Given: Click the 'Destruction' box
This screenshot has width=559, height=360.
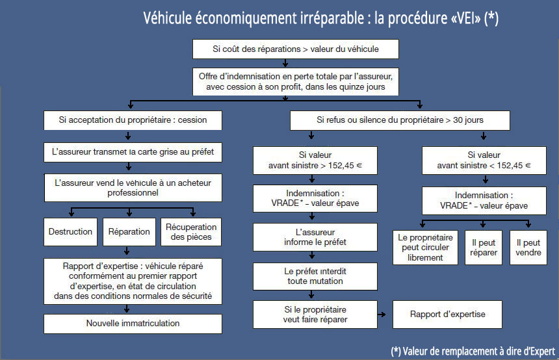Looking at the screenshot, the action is tap(71, 232).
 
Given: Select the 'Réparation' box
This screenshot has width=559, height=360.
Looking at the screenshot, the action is tap(129, 232).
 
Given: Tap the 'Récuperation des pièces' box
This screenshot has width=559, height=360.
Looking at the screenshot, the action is tap(191, 232).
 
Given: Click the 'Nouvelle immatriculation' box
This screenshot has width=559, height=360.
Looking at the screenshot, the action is tap(133, 324).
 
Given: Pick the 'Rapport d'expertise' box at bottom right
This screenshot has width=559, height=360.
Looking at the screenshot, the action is tap(447, 315).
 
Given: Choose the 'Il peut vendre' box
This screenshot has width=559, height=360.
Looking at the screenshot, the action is tap(528, 248).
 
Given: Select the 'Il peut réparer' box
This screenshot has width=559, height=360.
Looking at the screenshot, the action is tap(484, 248).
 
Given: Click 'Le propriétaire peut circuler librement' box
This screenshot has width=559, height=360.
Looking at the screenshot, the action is tap(425, 248).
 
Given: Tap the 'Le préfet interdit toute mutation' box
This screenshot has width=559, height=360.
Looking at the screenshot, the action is tap(315, 276).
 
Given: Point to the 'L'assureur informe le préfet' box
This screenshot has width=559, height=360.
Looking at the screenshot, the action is tap(315, 237).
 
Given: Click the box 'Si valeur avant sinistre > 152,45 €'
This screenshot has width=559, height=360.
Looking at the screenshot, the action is tap(315, 161).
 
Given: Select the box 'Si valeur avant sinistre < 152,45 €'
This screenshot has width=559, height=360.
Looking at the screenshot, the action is tap(484, 161).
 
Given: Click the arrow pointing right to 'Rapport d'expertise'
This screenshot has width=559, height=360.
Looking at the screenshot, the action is tap(382, 315).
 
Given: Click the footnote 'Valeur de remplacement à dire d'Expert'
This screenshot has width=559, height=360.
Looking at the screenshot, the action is tap(479, 352).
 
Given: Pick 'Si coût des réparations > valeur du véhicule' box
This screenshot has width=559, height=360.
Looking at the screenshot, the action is tap(296, 49).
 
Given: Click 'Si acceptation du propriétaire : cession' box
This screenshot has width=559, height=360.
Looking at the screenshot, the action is tap(133, 120).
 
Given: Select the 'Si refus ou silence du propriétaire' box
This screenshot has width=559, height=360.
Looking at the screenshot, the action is tap(400, 120).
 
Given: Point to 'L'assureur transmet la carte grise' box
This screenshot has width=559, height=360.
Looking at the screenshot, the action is tap(133, 152).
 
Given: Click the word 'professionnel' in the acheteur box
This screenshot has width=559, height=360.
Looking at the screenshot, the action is tap(133, 193).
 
